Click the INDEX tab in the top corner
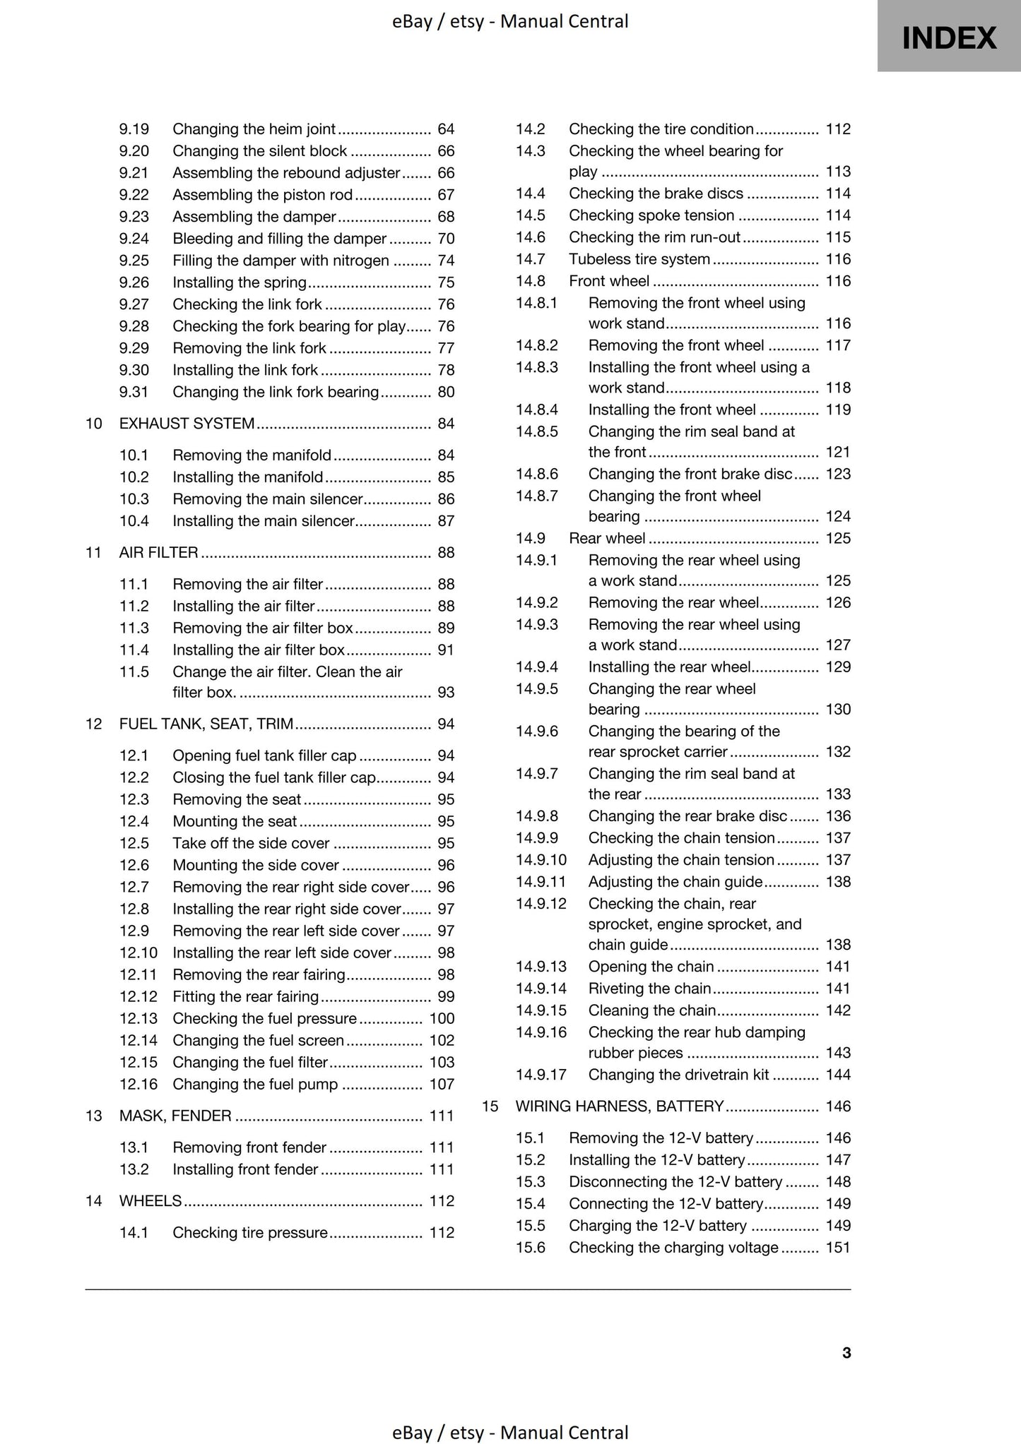[x=949, y=37]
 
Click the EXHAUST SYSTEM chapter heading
[x=187, y=424]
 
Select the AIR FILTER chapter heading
[x=158, y=553]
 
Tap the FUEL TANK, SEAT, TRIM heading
[x=206, y=724]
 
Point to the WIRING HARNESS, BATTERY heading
[x=620, y=1106]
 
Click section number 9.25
[x=134, y=261]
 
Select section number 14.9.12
[x=541, y=904]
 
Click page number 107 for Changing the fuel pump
[x=442, y=1085]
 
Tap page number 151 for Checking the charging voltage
[x=838, y=1248]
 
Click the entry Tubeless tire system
[x=639, y=259]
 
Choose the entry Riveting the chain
[x=649, y=989]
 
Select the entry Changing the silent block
[x=259, y=151]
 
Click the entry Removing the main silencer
[x=267, y=499]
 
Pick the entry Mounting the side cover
[x=256, y=866]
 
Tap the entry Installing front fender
[x=245, y=1170]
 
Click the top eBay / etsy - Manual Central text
[x=510, y=22]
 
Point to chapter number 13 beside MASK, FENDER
[x=94, y=1116]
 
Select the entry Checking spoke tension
[x=651, y=215]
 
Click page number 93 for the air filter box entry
[x=446, y=693]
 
